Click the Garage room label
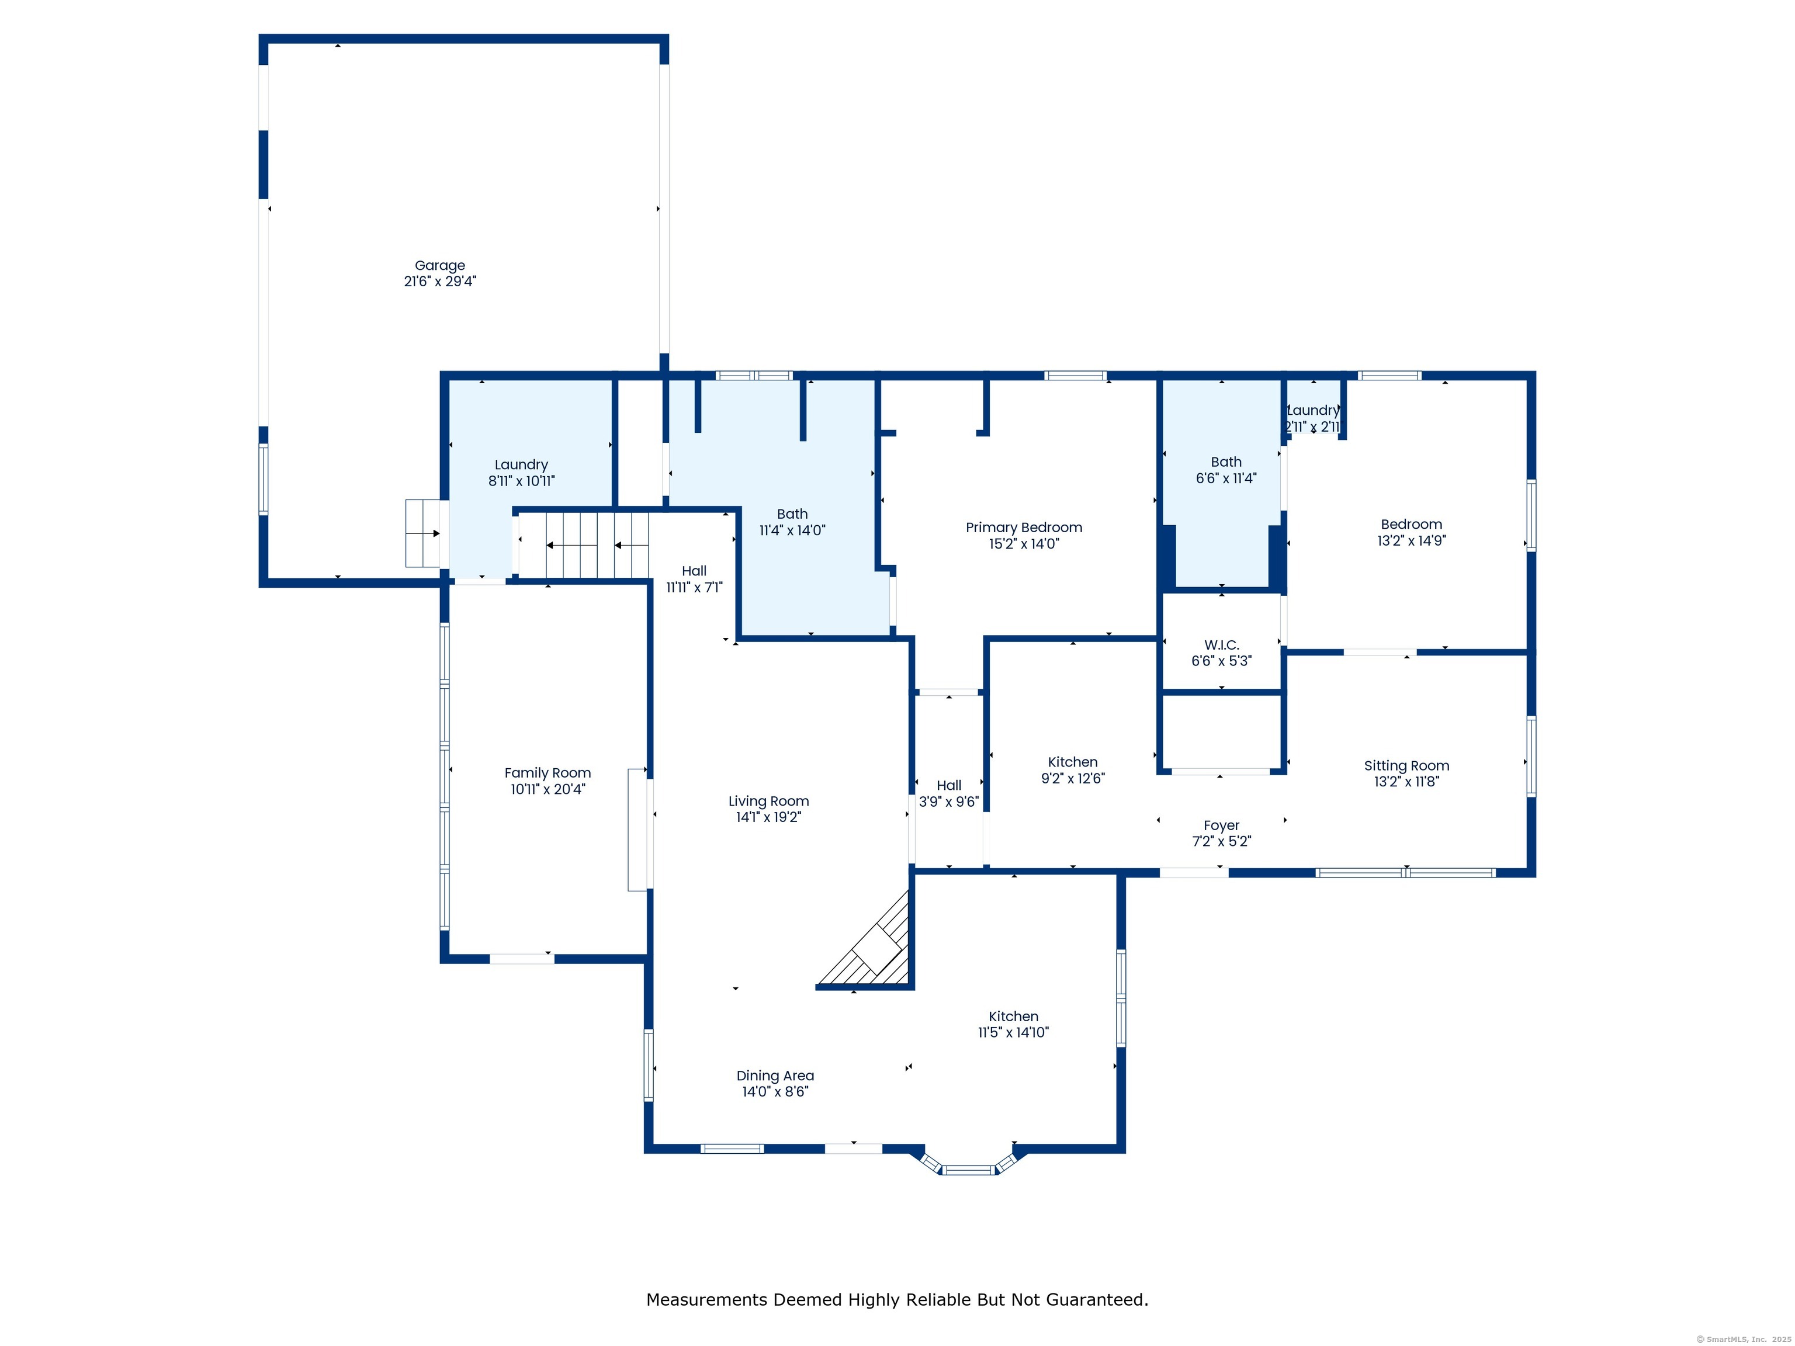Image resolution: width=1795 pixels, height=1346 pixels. [x=440, y=265]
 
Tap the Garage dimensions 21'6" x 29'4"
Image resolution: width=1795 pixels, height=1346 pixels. [x=440, y=282]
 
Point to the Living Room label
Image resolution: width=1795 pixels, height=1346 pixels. [x=768, y=802]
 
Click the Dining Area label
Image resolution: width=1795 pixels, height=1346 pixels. [x=775, y=1076]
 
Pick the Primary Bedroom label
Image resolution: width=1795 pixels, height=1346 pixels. [x=1024, y=528]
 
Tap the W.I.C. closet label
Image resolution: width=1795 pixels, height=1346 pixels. [x=1221, y=645]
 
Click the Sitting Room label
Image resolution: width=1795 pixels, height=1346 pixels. [x=1406, y=766]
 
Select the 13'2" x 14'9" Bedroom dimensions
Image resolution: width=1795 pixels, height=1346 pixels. [x=1411, y=540]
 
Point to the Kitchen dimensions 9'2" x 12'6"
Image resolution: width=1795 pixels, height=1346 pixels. [x=1073, y=779]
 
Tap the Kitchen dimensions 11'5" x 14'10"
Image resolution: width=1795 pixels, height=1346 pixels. [x=1014, y=1033]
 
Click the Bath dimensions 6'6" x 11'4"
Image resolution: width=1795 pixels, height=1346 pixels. [x=1226, y=478]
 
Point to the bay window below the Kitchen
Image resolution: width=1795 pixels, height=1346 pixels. [x=968, y=1164]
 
